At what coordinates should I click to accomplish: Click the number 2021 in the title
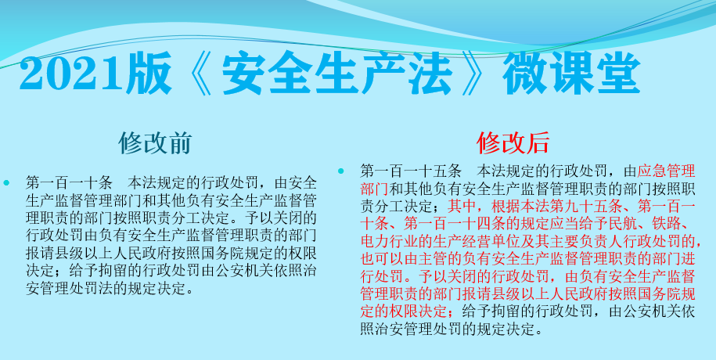pos(72,73)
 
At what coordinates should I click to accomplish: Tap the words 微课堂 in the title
pos(570,73)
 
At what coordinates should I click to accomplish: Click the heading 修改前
pos(154,143)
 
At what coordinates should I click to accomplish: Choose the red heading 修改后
pos(513,143)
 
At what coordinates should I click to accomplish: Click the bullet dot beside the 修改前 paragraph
pos(6,183)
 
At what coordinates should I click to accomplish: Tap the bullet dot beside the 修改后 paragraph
pos(340,171)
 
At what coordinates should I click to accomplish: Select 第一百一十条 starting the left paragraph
pos(69,183)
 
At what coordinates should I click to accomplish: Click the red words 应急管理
pos(666,171)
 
